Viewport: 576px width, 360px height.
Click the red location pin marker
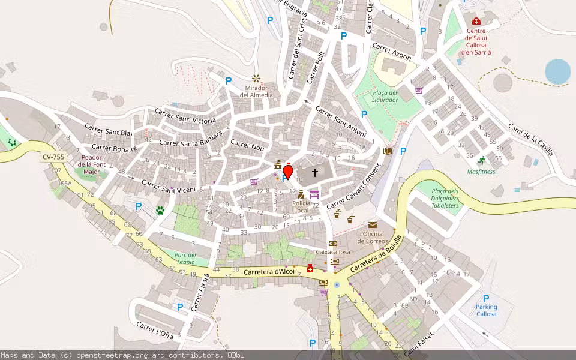(x=288, y=172)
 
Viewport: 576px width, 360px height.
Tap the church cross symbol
(x=314, y=173)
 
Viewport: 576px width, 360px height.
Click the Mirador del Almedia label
(x=256, y=91)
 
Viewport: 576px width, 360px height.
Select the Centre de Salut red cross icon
(x=476, y=21)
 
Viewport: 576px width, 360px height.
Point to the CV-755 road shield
(x=53, y=157)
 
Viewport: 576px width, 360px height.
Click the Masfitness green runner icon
(x=481, y=160)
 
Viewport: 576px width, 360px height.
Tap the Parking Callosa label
(x=487, y=311)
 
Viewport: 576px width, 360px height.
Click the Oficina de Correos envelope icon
(x=373, y=225)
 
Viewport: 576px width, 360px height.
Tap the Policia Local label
(x=301, y=207)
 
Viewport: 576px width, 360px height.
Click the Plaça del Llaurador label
(x=385, y=96)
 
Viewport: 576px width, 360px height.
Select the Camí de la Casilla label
(x=530, y=139)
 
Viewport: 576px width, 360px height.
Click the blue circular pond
(x=558, y=71)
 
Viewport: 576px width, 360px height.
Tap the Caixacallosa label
(x=333, y=252)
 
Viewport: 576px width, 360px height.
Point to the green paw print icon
(x=160, y=211)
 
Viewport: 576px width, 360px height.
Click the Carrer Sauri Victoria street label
(x=185, y=116)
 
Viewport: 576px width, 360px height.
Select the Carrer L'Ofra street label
(x=155, y=330)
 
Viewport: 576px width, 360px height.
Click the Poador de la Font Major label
(x=91, y=164)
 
